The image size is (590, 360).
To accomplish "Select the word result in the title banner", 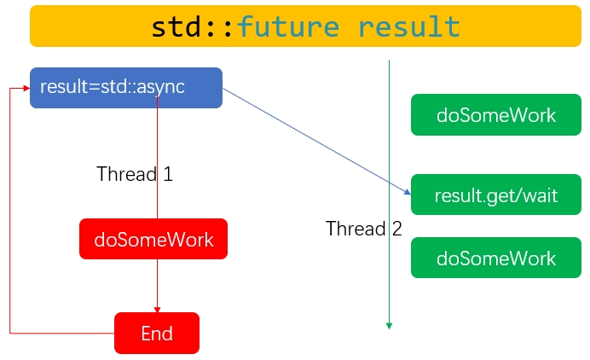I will pyautogui.click(x=409, y=26).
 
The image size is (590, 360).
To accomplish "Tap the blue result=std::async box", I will pyautogui.click(x=126, y=88).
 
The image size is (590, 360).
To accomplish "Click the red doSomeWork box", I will pyautogui.click(x=153, y=240).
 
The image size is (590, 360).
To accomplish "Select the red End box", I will pyautogui.click(x=157, y=333).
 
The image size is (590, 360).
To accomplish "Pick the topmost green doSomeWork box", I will pyautogui.click(x=495, y=115).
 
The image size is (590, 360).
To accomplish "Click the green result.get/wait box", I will pyautogui.click(x=495, y=195).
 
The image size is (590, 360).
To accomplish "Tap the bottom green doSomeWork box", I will pyautogui.click(x=495, y=258).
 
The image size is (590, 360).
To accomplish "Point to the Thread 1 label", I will pyautogui.click(x=135, y=174).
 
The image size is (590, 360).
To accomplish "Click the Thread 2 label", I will pyautogui.click(x=363, y=229).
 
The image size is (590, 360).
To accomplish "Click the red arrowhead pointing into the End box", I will pyautogui.click(x=157, y=309).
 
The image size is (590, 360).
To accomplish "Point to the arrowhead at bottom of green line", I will pyautogui.click(x=389, y=324).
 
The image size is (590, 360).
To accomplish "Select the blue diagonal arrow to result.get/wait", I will pyautogui.click(x=315, y=141).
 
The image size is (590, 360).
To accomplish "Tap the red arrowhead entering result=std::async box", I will pyautogui.click(x=26, y=88).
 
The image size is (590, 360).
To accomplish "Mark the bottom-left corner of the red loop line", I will pyautogui.click(x=10, y=333).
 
